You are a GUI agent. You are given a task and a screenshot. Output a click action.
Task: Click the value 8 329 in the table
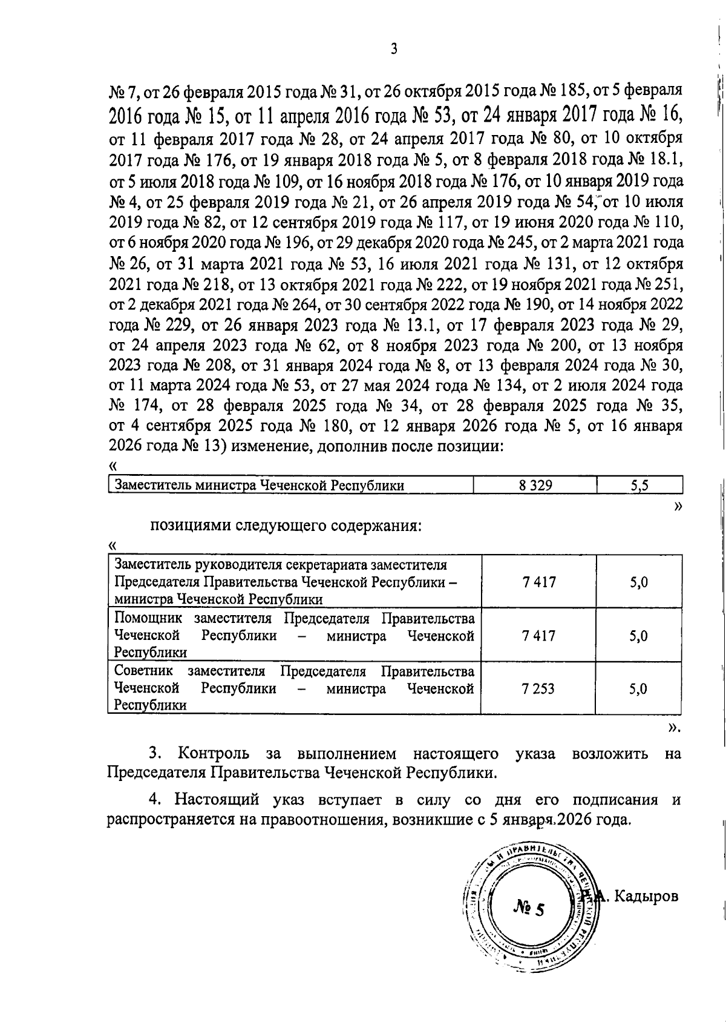click(535, 485)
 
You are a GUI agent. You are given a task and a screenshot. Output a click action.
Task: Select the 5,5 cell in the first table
click(639, 485)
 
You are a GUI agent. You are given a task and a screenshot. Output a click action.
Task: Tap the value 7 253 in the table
click(538, 688)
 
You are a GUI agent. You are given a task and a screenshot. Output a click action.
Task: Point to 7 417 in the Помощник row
click(538, 636)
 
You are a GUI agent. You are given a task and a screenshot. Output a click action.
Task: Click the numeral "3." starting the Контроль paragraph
click(155, 754)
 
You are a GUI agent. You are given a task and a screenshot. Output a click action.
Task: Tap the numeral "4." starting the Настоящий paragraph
click(155, 800)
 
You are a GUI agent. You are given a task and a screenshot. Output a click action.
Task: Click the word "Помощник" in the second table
click(149, 619)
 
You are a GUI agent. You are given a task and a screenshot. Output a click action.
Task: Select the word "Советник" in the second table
click(144, 671)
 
